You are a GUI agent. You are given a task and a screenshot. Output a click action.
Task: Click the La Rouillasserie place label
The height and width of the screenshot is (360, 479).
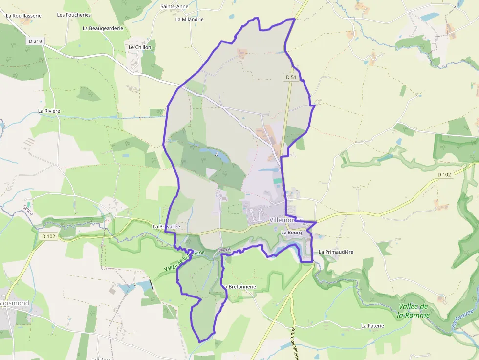click(23, 15)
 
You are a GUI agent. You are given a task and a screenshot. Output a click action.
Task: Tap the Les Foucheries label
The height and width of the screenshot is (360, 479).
click(74, 15)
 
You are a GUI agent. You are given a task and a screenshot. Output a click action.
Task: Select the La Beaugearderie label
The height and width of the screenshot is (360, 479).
click(103, 28)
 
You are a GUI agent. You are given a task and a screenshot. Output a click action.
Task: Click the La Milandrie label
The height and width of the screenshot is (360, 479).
click(189, 19)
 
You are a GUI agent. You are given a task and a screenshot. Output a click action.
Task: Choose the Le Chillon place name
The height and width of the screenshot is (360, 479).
click(140, 47)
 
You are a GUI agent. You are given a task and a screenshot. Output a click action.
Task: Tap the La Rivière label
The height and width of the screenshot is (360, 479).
click(49, 111)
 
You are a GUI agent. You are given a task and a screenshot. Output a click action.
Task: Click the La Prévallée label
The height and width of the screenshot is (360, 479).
click(167, 227)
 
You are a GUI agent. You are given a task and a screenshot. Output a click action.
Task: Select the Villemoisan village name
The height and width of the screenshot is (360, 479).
click(286, 220)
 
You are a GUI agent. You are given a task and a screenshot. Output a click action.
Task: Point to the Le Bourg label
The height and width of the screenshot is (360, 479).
click(292, 233)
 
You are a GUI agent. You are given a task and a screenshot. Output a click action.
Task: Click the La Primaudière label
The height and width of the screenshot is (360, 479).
click(336, 252)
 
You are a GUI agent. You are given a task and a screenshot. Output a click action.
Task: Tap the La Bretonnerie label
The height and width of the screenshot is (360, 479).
click(240, 286)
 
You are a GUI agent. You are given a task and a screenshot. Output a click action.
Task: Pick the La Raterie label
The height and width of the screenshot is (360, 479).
click(372, 325)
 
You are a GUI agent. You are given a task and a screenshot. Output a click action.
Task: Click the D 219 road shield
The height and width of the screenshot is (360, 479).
click(36, 42)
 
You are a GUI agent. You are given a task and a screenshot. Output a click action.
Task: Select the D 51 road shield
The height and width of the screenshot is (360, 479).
click(290, 77)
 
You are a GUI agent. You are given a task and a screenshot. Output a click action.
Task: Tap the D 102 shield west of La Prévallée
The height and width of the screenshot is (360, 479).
click(49, 236)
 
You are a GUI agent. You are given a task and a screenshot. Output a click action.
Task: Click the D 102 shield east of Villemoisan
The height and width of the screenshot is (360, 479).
click(444, 174)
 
